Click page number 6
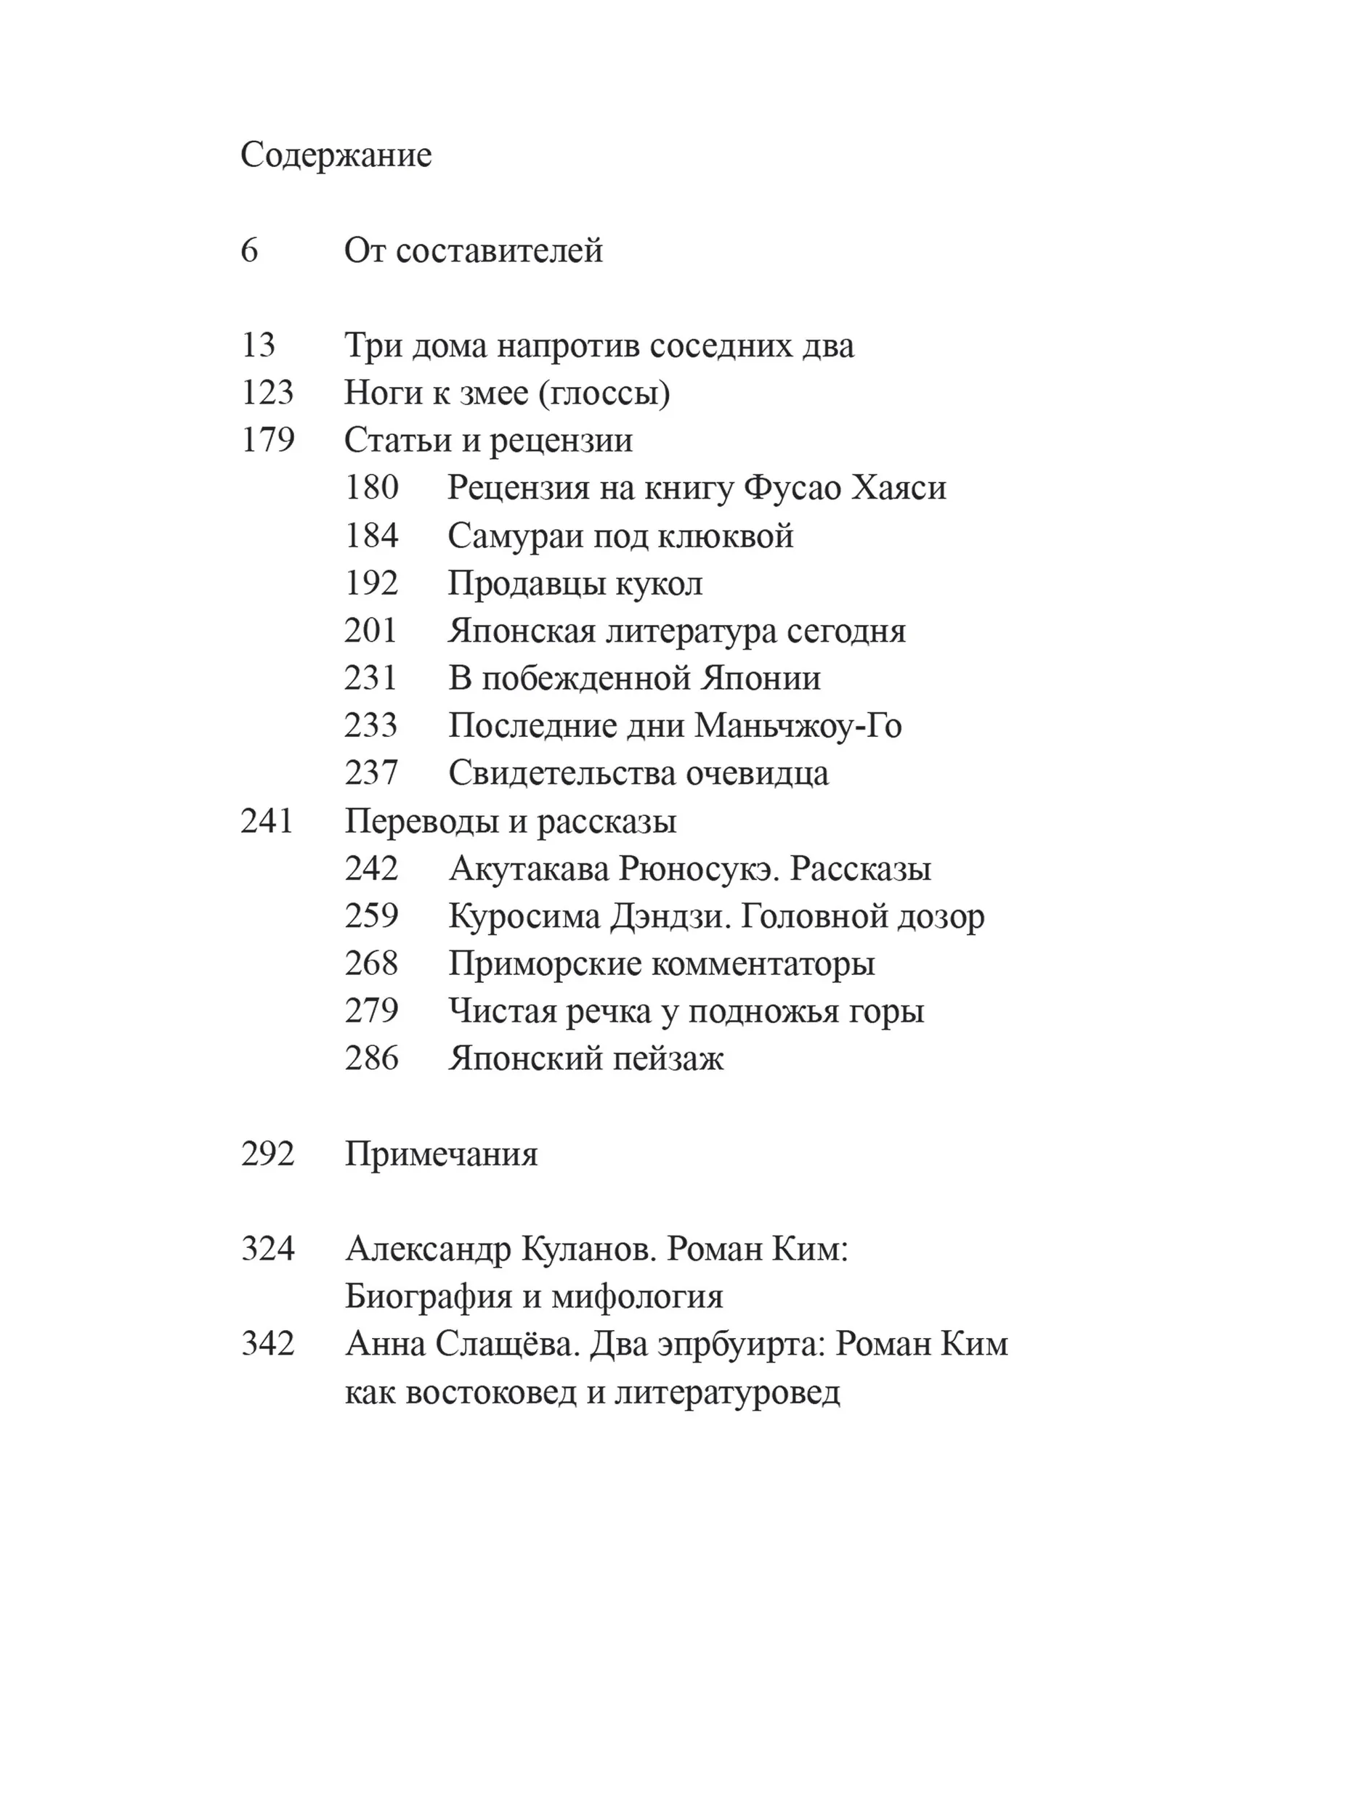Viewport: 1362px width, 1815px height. (x=250, y=250)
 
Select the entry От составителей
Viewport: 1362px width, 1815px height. (x=473, y=250)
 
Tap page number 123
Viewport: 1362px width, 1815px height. (x=267, y=392)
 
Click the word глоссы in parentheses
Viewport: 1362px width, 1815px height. (x=604, y=393)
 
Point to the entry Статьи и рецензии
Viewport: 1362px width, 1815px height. (x=487, y=440)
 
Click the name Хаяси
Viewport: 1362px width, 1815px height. (x=900, y=487)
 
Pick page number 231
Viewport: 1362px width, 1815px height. (x=371, y=678)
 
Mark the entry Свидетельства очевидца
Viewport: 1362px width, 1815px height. (x=638, y=773)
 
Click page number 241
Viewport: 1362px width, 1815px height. (x=267, y=820)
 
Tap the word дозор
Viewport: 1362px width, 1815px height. (x=940, y=915)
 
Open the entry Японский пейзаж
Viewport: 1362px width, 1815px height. (x=585, y=1059)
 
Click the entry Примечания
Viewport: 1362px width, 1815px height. (x=441, y=1154)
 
